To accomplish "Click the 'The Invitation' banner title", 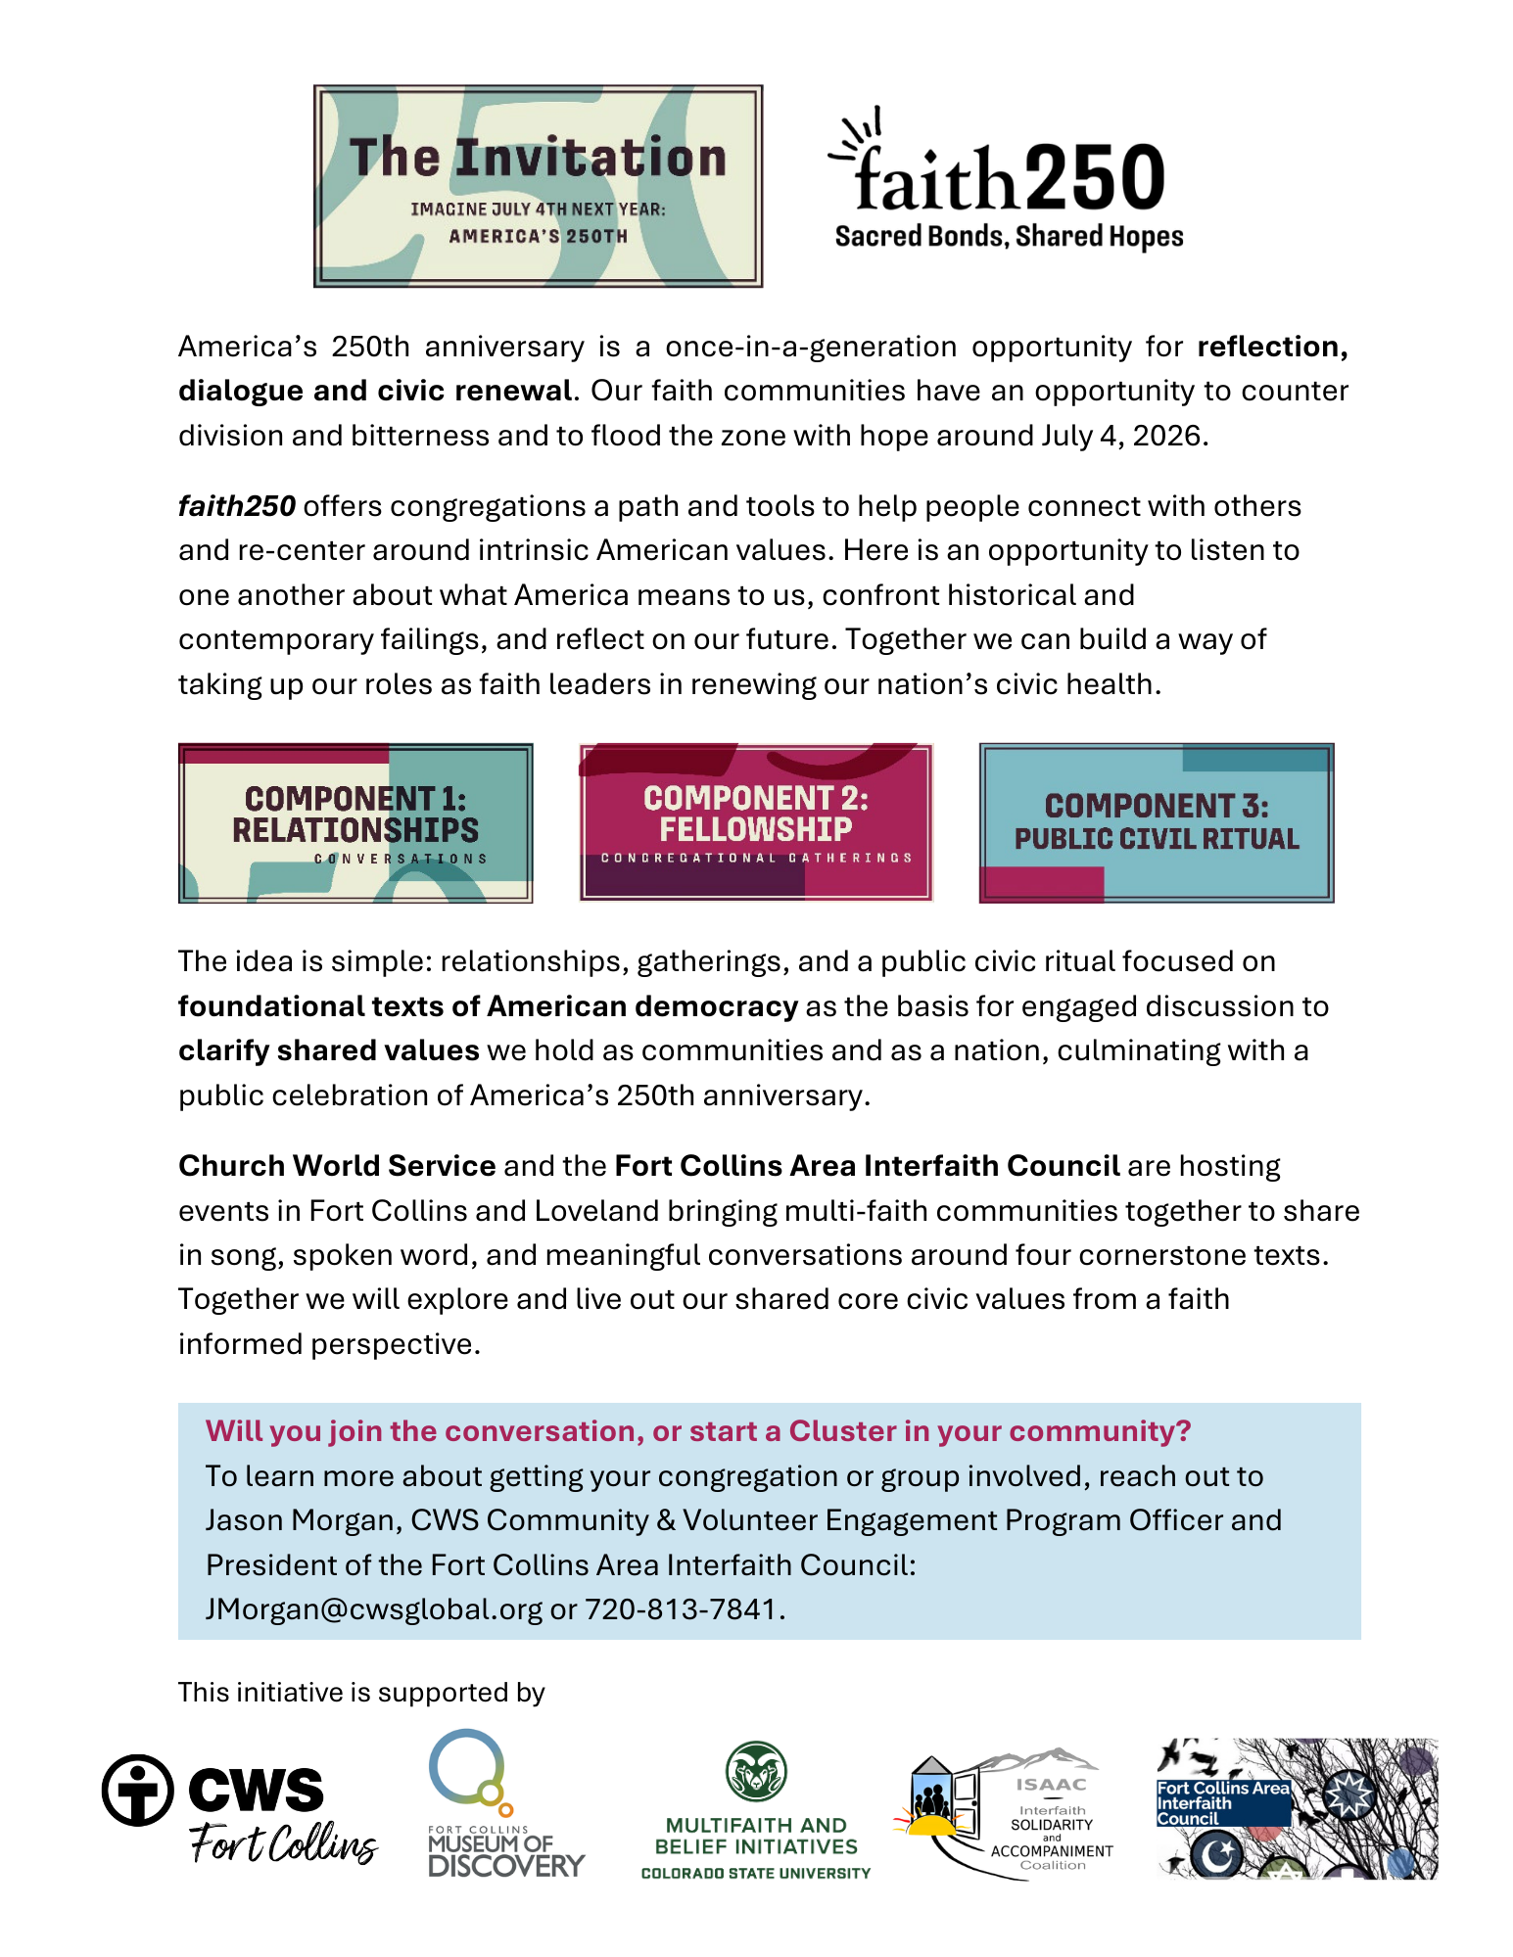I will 538,158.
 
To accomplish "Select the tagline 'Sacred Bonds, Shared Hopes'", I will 1009,237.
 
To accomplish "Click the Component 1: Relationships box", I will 355,822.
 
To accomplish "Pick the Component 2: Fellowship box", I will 756,822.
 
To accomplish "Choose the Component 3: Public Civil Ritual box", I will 1157,822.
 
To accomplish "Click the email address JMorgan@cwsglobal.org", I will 373,1608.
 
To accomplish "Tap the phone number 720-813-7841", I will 680,1608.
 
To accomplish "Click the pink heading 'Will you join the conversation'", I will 697,1430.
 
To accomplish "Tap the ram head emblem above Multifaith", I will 756,1770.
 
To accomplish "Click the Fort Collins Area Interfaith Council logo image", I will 1298,1808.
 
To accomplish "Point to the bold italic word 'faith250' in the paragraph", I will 237,506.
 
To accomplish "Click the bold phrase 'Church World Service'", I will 337,1165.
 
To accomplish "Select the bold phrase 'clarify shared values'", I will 328,1050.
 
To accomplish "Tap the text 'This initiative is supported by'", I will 361,1692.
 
